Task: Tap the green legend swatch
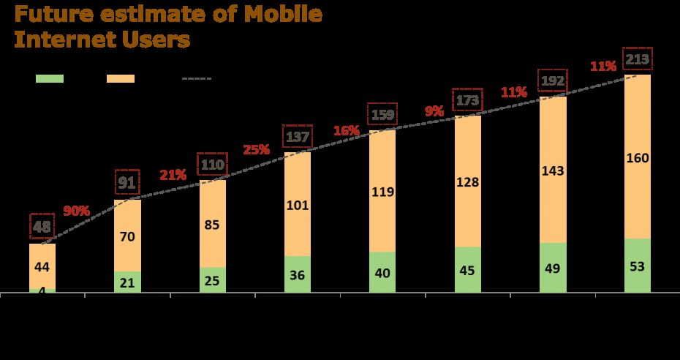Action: pyautogui.click(x=50, y=78)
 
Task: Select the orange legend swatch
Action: pyautogui.click(x=121, y=78)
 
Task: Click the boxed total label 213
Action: pyautogui.click(x=636, y=58)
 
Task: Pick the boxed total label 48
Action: pyautogui.click(x=42, y=226)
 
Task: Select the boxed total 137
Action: pyautogui.click(x=297, y=138)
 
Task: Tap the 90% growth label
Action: pyautogui.click(x=77, y=211)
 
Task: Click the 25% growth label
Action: pyautogui.click(x=257, y=149)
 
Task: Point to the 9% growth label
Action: pyautogui.click(x=434, y=112)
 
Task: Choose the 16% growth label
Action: pyautogui.click(x=347, y=131)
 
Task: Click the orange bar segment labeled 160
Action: pyautogui.click(x=638, y=157)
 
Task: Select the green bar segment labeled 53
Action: pyautogui.click(x=638, y=266)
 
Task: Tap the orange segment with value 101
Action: pyautogui.click(x=297, y=204)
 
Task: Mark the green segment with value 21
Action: pyautogui.click(x=127, y=283)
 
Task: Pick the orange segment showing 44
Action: pyautogui.click(x=42, y=266)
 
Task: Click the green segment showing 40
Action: pyautogui.click(x=382, y=273)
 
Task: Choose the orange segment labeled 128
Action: pyautogui.click(x=467, y=181)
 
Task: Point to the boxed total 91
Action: pyautogui.click(x=127, y=181)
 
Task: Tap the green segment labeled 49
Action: pyautogui.click(x=553, y=268)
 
